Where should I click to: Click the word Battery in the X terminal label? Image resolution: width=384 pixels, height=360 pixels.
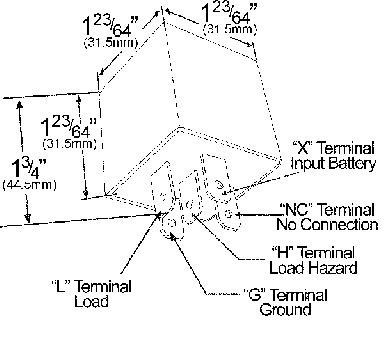coord(350,164)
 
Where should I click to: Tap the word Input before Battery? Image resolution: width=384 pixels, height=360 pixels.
coord(308,164)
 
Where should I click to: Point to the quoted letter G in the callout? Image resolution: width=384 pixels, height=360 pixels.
coord(254,295)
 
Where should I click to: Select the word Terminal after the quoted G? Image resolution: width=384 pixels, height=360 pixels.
coord(299,295)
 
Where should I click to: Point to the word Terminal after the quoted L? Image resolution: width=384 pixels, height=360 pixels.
coord(103,284)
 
